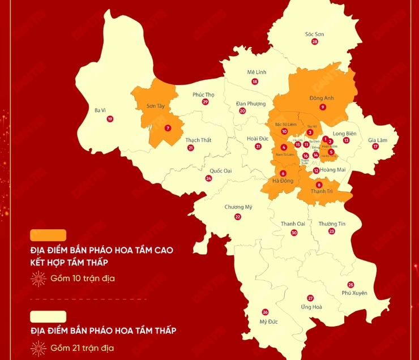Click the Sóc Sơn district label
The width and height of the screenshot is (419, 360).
pyautogui.click(x=314, y=34)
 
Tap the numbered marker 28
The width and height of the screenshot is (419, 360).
pyautogui.click(x=314, y=42)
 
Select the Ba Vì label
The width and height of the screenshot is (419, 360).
pyautogui.click(x=100, y=110)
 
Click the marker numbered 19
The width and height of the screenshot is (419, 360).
pyautogui.click(x=110, y=119)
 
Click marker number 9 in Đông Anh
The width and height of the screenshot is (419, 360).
pyautogui.click(x=322, y=107)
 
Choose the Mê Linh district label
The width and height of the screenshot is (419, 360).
pyautogui.click(x=256, y=72)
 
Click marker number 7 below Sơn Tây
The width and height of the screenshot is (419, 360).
pyautogui.click(x=168, y=128)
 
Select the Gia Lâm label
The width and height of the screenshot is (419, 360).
pyautogui.click(x=377, y=139)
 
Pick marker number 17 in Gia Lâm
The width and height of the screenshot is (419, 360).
pyautogui.click(x=375, y=147)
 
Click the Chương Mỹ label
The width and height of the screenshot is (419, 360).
pyautogui.click(x=238, y=207)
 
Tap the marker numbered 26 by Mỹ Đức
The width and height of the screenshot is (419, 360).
pyautogui.click(x=265, y=312)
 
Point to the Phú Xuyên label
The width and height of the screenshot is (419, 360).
pyautogui.click(x=354, y=293)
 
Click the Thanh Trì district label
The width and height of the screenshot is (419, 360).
pyautogui.click(x=321, y=191)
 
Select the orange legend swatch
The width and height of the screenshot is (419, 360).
pyautogui.click(x=48, y=235)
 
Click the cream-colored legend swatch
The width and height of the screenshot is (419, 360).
pyautogui.click(x=48, y=316)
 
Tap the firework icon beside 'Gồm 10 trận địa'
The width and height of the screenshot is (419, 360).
pyautogui.click(x=38, y=278)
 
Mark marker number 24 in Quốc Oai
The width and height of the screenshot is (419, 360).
pyautogui.click(x=208, y=178)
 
